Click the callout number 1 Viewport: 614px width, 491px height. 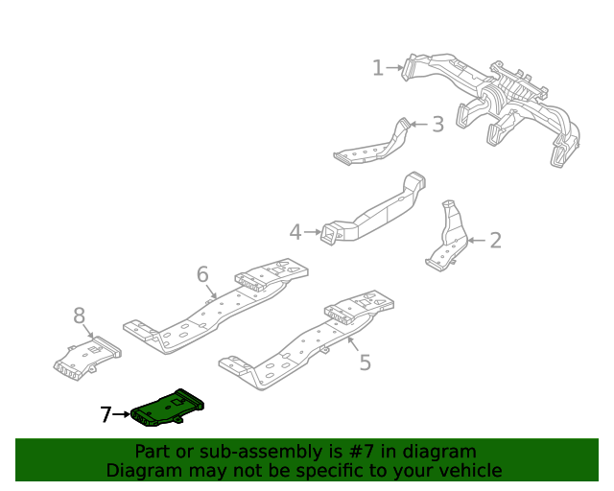[x=378, y=68]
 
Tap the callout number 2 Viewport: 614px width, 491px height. [x=495, y=241]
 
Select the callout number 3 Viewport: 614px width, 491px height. [x=437, y=125]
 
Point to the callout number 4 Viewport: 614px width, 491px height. [x=295, y=232]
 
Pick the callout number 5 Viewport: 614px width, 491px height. [x=365, y=362]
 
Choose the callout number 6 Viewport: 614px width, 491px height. [x=202, y=275]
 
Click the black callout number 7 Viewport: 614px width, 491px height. [x=106, y=414]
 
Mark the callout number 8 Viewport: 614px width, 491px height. [x=79, y=316]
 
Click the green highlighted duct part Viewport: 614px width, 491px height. [x=168, y=407]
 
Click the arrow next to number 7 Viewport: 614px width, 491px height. [x=121, y=414]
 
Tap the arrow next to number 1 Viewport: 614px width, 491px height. [x=394, y=68]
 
